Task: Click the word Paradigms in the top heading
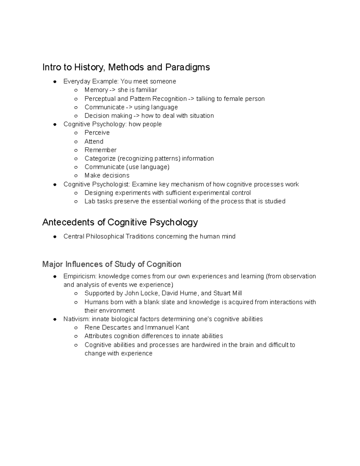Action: coord(187,67)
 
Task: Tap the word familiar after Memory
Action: coord(146,90)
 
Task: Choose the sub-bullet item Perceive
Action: coord(97,133)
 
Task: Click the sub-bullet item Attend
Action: coord(94,141)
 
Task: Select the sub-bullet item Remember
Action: coord(100,150)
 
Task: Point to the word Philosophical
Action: coord(105,236)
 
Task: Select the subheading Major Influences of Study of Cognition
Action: coord(112,264)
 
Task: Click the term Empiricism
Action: coord(80,276)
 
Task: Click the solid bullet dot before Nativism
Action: coord(55,319)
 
